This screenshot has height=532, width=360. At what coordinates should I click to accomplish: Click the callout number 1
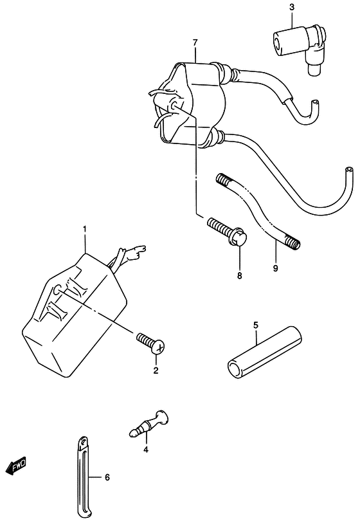point(85,230)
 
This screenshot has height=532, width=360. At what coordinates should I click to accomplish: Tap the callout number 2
point(156,371)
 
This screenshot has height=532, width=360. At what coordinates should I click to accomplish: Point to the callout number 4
point(146,450)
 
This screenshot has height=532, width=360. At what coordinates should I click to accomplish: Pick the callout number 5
point(256,326)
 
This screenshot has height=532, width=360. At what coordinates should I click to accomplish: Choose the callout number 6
point(107,477)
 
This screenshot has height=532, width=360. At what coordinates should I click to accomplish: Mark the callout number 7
point(195,42)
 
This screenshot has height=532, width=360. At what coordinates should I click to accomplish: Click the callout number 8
point(240,276)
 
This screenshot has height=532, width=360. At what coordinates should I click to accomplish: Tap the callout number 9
point(275,268)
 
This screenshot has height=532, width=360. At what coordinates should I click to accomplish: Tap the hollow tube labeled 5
point(264,352)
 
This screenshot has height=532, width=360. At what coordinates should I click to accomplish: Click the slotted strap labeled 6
point(84,475)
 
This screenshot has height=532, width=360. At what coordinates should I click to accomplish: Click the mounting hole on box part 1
point(57,290)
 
